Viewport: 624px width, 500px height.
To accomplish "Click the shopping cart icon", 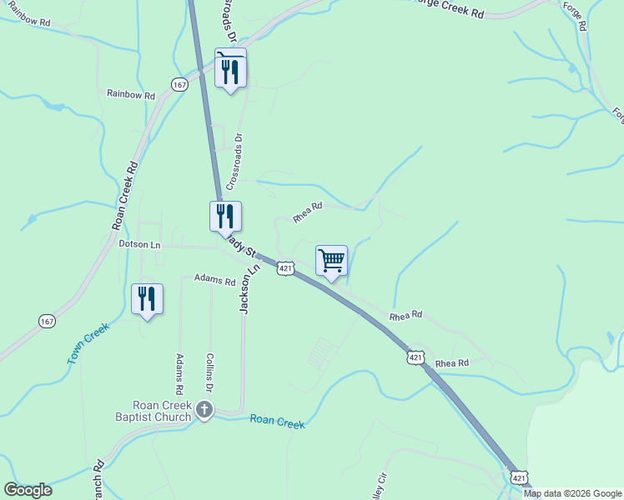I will (331, 262).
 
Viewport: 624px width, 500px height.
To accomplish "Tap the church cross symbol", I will (204, 409).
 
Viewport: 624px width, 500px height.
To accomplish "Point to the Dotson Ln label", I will (139, 245).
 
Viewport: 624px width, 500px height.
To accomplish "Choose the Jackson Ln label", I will (248, 289).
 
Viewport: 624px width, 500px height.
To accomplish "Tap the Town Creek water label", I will (88, 342).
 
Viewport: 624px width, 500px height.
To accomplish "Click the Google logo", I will (28, 490).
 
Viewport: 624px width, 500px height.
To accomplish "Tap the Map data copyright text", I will (572, 493).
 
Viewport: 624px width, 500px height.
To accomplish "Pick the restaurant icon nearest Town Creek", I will (147, 299).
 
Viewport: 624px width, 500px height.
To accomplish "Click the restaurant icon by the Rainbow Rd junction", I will (230, 70).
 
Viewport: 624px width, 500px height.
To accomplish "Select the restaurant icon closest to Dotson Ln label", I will (225, 216).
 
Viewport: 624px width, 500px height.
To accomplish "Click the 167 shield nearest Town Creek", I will (47, 320).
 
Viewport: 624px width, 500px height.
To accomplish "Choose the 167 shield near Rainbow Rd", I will (179, 84).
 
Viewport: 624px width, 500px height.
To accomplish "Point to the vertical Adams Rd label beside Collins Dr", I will (179, 373).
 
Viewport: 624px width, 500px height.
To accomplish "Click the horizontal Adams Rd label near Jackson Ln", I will (214, 280).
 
